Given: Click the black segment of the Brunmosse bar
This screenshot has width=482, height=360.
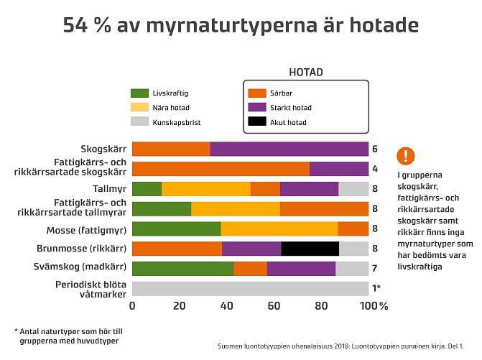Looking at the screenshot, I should (310, 249).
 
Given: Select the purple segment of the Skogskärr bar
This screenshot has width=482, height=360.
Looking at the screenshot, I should (289, 149).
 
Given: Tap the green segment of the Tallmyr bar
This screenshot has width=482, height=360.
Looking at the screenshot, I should (147, 189).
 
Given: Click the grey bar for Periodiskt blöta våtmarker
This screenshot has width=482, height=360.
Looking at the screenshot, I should (250, 289).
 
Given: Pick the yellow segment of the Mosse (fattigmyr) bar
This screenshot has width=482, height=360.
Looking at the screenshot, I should (279, 229).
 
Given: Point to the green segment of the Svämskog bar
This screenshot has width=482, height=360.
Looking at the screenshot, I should (183, 269).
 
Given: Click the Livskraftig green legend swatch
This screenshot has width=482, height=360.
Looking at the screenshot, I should (139, 93).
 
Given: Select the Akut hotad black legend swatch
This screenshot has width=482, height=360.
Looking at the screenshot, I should (256, 123).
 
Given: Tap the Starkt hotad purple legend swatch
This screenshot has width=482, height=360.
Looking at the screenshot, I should (256, 108).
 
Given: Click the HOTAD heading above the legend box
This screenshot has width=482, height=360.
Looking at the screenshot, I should (305, 72).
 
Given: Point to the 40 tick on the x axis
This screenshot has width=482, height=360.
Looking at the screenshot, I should (227, 306).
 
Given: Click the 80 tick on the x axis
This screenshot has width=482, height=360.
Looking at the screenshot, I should (321, 306).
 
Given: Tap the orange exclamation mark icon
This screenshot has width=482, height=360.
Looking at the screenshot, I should (406, 155).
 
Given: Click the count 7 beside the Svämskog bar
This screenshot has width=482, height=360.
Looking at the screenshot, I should (375, 269).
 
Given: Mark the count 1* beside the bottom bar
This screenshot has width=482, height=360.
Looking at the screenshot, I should (376, 289).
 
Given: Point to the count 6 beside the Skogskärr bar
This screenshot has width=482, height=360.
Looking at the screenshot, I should (375, 149).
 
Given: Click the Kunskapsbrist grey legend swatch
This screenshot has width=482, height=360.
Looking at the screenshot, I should (139, 123).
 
